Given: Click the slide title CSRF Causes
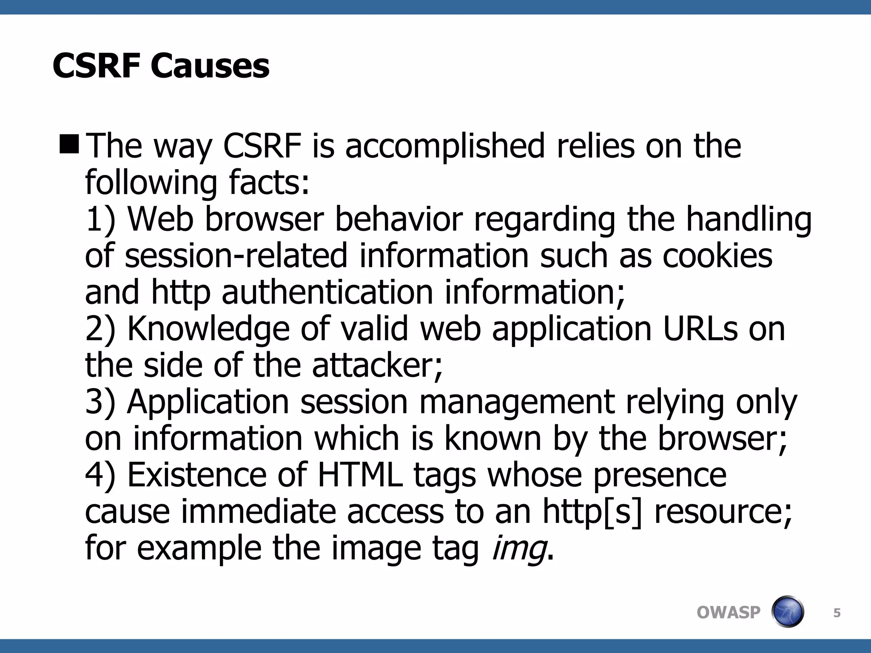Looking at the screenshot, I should (x=161, y=66).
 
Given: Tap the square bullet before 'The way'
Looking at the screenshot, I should (x=69, y=144).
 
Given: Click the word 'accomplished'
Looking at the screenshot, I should (x=445, y=146).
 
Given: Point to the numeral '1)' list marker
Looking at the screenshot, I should (x=100, y=220).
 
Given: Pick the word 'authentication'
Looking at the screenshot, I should (x=327, y=292).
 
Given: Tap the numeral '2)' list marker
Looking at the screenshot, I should (x=100, y=329).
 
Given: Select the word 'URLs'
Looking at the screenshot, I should (x=700, y=329).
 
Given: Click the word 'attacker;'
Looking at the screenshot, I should (x=377, y=366).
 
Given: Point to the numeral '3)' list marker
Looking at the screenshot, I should (x=100, y=402).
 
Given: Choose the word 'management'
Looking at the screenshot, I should (x=517, y=403).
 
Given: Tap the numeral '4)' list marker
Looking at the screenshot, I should (x=100, y=475).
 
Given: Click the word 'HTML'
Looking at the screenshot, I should (x=360, y=475).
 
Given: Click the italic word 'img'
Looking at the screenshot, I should (x=519, y=549).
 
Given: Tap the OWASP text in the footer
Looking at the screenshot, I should (x=728, y=613).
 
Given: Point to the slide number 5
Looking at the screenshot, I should (x=837, y=613).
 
